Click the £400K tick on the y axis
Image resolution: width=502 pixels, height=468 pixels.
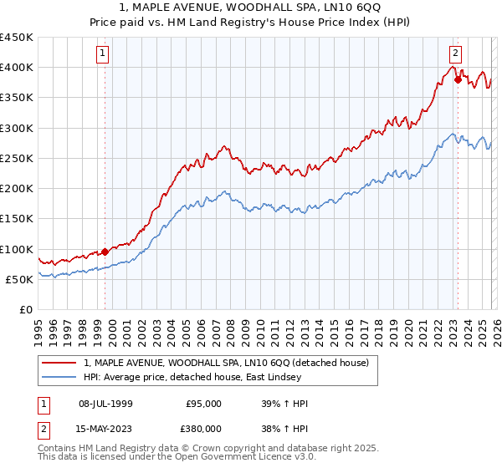17,68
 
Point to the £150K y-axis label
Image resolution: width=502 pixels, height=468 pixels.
17,219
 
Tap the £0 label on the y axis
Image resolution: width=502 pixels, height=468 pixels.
26,310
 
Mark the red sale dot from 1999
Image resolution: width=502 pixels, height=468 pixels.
105,252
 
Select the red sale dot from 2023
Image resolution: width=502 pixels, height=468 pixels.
458,79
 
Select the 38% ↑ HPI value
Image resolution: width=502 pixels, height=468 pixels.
284,428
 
